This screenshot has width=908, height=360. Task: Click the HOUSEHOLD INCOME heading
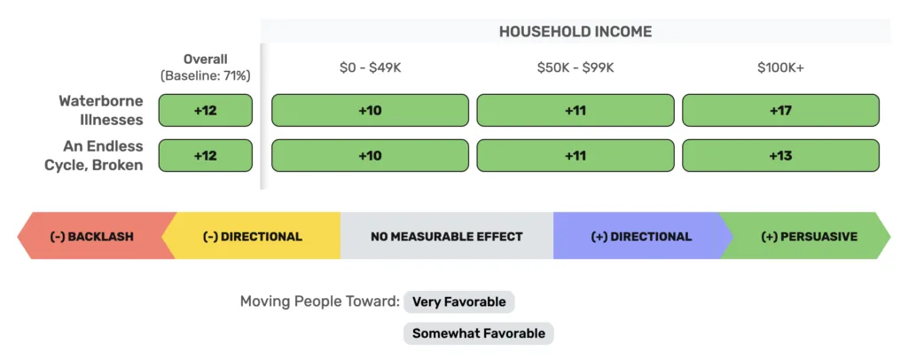point(575,31)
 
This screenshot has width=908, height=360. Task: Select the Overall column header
point(206,59)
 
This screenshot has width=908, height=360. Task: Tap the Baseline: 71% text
point(206,75)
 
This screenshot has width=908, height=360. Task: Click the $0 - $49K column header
point(370,67)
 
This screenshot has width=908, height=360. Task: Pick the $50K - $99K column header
point(575,67)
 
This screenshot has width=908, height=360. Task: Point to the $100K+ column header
point(780,67)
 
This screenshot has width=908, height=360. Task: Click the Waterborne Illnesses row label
point(101,110)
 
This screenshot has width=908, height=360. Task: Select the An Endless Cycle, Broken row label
point(94,155)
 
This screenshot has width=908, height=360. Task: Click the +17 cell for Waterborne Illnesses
point(780,110)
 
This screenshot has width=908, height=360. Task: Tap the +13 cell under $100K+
point(780,156)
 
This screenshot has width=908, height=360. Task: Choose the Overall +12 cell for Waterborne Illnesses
point(206,110)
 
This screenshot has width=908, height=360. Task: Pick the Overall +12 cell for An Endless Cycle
point(206,156)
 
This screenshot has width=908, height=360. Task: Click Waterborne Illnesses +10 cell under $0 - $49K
point(370,110)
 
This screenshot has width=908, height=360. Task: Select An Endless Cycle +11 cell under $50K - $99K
point(575,156)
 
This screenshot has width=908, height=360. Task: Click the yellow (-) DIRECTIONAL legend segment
point(252,236)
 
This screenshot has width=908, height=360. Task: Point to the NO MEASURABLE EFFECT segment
point(447,236)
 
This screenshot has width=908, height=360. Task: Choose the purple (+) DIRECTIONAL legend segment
point(641,236)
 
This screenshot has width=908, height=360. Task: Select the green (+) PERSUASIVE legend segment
point(809,236)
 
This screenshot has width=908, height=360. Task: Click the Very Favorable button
point(458,301)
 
